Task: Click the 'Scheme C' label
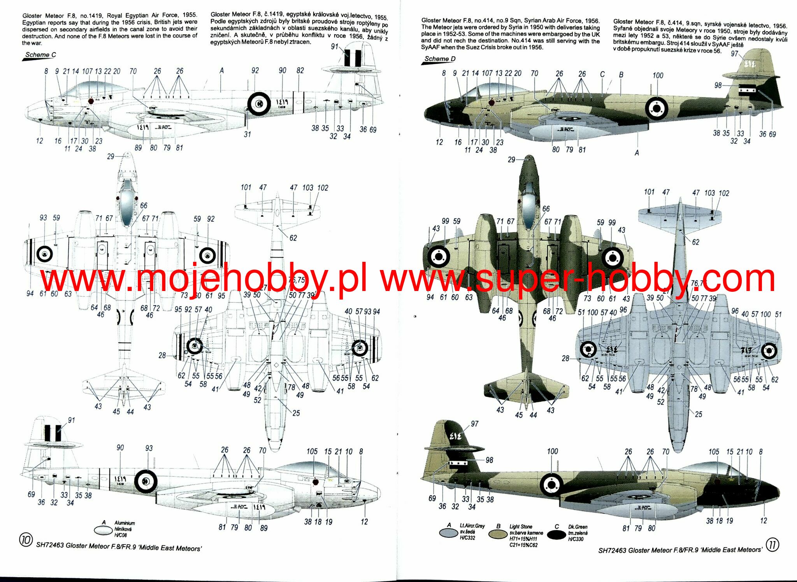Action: (40, 55)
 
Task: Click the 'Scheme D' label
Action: (439, 59)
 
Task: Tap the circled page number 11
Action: (772, 545)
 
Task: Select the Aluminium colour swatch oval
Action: (103, 530)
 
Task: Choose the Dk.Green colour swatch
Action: (556, 535)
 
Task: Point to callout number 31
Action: (247, 134)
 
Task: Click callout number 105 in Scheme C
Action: (312, 451)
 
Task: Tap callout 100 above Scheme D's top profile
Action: (658, 75)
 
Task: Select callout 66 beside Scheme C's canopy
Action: (144, 205)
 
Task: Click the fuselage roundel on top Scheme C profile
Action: (259, 103)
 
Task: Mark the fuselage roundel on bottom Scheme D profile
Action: (552, 484)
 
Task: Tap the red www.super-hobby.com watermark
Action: (578, 278)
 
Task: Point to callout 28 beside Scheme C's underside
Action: (162, 355)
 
